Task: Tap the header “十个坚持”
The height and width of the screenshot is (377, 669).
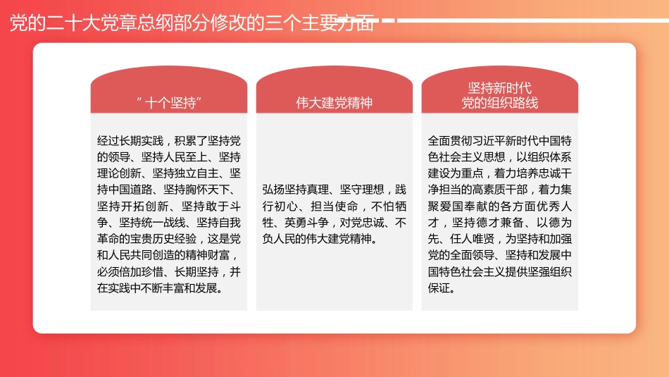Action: tap(169, 103)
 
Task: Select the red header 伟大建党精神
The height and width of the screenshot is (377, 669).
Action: tap(334, 103)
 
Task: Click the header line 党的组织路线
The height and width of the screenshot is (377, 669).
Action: tap(500, 104)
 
